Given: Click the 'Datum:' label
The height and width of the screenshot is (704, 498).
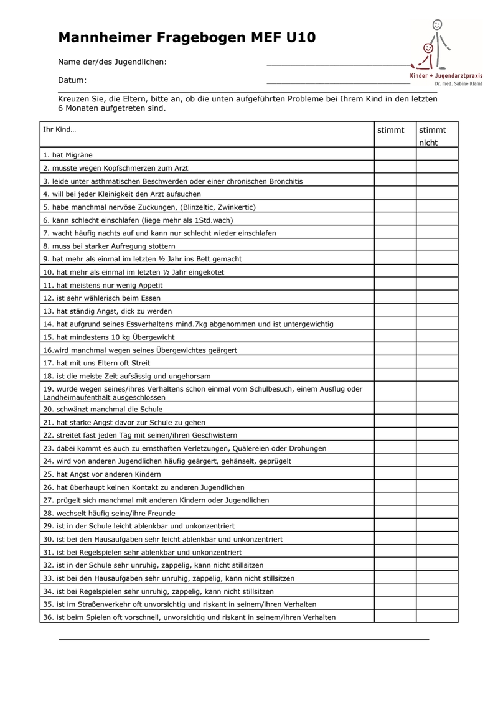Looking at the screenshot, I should click(x=72, y=80).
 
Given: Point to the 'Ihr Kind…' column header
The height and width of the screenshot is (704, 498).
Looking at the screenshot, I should click(x=59, y=130).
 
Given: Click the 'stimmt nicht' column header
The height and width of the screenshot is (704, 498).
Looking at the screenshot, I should click(x=433, y=136).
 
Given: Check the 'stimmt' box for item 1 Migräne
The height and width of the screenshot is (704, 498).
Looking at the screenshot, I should click(x=395, y=154).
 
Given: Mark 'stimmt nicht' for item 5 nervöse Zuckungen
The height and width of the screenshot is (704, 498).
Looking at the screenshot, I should click(x=437, y=207).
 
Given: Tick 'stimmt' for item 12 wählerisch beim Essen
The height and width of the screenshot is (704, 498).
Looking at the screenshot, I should click(x=395, y=298).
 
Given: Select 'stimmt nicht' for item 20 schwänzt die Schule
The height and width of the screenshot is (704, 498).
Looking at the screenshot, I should click(x=437, y=409).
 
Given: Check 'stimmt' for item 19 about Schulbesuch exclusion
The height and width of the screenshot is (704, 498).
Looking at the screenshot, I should click(x=395, y=392).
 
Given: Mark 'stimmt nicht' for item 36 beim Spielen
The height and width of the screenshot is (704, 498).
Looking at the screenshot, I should click(x=437, y=617).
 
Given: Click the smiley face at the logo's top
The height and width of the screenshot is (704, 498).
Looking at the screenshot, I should click(x=437, y=26).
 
